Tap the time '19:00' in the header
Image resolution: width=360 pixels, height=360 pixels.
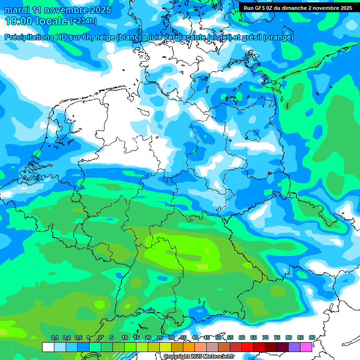point(19,21)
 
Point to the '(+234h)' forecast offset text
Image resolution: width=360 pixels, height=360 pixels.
point(83,21)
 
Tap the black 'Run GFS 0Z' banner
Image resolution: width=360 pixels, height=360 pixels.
point(298,8)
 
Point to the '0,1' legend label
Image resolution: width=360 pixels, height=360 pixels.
point(55,338)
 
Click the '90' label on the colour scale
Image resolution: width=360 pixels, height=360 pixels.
point(312,338)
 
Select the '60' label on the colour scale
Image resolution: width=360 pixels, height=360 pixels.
point(242,338)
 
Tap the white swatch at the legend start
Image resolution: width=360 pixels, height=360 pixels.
point(48,347)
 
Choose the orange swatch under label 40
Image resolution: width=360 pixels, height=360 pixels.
point(189,347)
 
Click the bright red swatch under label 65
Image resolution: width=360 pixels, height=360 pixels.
point(247,347)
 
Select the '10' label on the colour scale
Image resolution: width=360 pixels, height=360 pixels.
point(125,338)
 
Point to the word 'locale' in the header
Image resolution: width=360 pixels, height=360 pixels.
point(52,21)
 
